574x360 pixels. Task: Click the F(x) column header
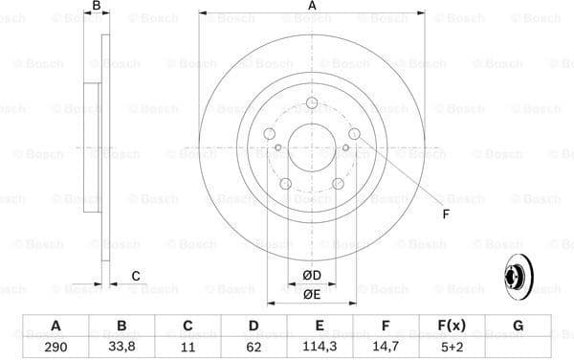[x=451, y=326]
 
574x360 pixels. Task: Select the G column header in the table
[x=518, y=326]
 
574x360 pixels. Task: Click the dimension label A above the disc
[x=312, y=7]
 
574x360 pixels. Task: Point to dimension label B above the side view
[x=95, y=7]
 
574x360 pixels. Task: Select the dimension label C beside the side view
[x=136, y=276]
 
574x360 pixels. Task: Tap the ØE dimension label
[x=312, y=294]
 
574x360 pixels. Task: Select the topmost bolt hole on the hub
[x=312, y=104]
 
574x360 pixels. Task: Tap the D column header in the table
[x=254, y=326]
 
